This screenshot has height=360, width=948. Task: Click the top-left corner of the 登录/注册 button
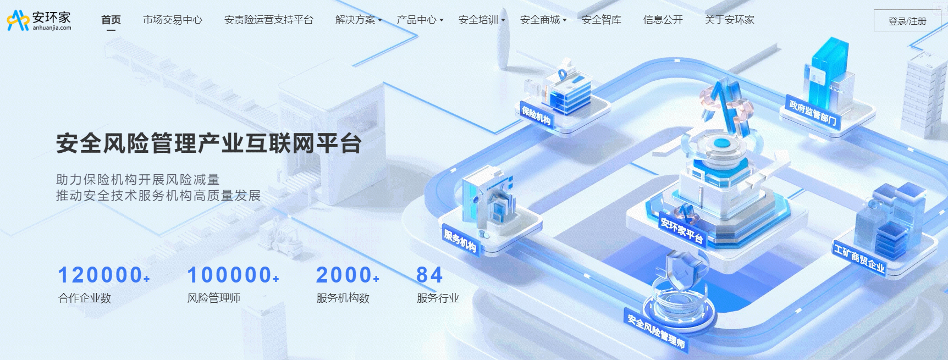click(x=874, y=10)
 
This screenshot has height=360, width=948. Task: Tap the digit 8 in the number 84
click(x=422, y=275)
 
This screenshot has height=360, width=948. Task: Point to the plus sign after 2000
click(x=376, y=279)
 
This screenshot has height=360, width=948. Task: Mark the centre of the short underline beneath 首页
click(x=111, y=30)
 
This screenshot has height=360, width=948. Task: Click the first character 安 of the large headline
click(x=68, y=143)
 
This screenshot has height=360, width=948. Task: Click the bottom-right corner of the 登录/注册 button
click(x=941, y=31)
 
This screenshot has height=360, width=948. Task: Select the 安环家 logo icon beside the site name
click(x=18, y=20)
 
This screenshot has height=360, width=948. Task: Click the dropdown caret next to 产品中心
click(x=442, y=20)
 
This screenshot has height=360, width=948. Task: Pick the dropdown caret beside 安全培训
click(x=503, y=20)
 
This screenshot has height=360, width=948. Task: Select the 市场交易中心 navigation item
click(x=173, y=20)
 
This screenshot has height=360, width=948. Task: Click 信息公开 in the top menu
click(x=663, y=20)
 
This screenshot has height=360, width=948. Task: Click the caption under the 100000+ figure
click(x=214, y=298)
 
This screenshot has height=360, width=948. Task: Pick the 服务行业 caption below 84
click(x=438, y=298)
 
